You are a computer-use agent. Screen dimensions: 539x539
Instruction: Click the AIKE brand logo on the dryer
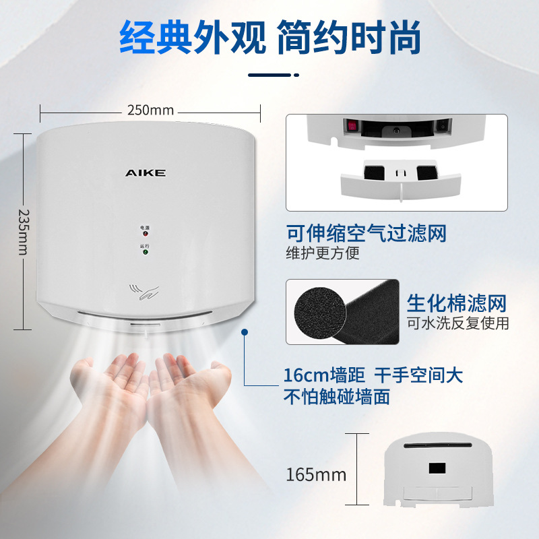pos(145,173)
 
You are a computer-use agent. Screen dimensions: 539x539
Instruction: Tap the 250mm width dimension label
pos(151,110)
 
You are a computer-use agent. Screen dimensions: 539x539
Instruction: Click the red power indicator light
pos(145,235)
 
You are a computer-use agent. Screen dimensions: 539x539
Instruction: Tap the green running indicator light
pos(145,253)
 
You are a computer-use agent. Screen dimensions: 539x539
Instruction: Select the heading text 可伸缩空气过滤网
pos(367,234)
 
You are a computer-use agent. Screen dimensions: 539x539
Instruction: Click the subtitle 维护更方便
pos(324,253)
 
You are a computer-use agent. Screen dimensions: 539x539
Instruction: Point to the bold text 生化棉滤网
pos(455,303)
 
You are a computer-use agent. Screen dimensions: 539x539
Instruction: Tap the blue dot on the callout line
pos(245,331)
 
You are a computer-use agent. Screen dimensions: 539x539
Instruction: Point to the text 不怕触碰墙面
pos(337,397)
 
